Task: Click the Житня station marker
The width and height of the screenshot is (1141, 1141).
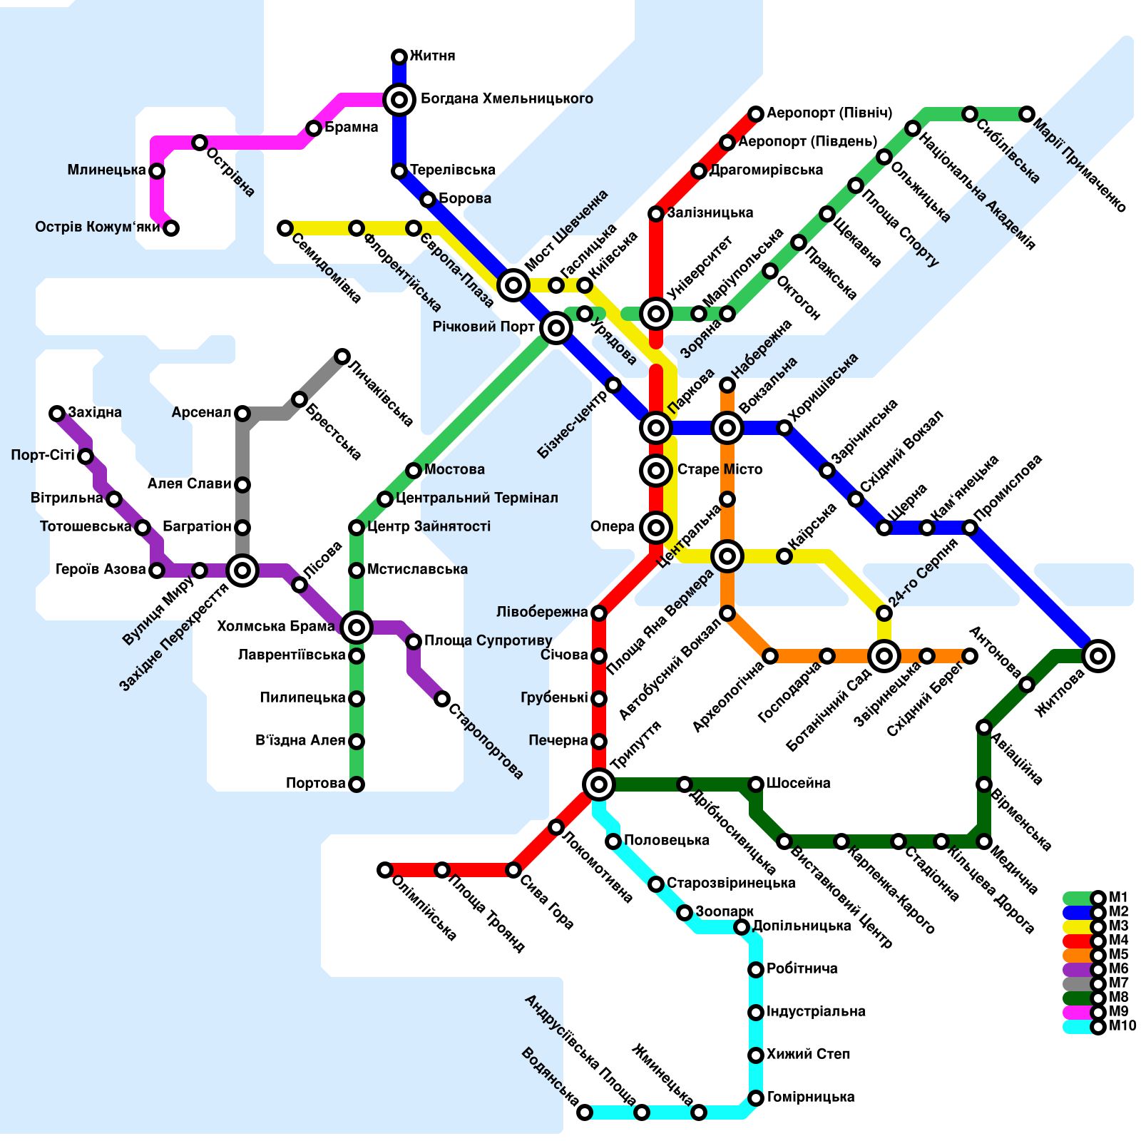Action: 399,57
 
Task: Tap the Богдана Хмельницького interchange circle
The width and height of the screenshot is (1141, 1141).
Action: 399,100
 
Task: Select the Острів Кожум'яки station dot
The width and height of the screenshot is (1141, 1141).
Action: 171,228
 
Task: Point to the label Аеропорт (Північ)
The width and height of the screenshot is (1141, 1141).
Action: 829,113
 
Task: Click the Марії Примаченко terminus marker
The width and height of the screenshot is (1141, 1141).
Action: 1027,114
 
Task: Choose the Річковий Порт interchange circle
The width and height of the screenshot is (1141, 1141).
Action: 556,328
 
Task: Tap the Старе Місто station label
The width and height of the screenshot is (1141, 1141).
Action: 720,470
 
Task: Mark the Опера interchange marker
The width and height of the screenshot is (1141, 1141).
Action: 656,528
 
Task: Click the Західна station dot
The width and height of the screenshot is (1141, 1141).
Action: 57,414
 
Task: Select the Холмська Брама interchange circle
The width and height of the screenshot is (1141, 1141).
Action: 357,628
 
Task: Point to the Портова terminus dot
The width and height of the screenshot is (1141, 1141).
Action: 357,784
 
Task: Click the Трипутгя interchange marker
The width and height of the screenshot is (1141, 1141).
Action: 599,784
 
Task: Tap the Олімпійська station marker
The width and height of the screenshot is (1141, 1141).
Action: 385,870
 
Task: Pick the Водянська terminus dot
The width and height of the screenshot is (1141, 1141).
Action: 585,1112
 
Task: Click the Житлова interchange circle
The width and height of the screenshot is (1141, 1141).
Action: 1098,656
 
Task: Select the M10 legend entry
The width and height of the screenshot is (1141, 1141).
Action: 1098,1027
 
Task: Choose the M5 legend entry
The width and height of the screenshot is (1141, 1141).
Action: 1098,956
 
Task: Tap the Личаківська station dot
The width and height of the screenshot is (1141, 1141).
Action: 342,357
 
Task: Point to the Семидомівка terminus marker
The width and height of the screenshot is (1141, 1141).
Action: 285,228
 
